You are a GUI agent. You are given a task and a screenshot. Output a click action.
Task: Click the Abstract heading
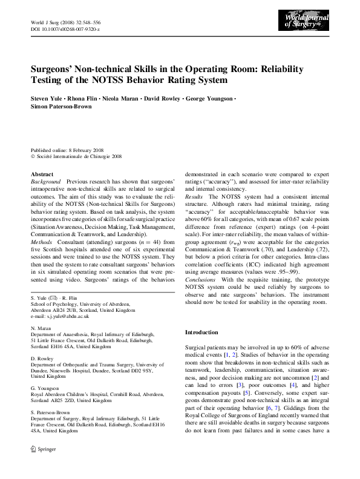click(x=42, y=174)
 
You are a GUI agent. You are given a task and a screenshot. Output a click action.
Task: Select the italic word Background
click(x=46, y=182)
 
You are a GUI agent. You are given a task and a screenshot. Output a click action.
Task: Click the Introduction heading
click(x=201, y=332)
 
